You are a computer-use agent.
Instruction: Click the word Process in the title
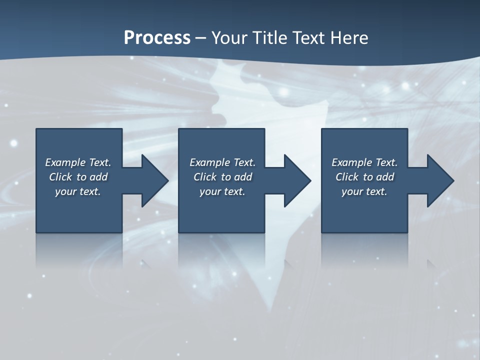point(157,38)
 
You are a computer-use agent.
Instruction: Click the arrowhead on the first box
point(154,180)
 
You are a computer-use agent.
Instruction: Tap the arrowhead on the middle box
point(296,180)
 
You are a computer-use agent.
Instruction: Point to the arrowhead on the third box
point(439,180)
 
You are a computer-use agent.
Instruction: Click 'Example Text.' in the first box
point(78,162)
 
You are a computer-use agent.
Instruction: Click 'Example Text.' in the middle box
point(222,162)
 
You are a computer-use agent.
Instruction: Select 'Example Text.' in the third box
point(364,162)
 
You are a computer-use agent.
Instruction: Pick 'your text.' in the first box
point(78,191)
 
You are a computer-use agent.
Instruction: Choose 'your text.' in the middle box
point(222,191)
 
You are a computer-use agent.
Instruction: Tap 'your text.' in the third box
point(364,191)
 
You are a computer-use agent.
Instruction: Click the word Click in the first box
point(60,177)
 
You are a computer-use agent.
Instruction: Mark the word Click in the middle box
point(205,177)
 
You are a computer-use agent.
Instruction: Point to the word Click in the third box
point(347,177)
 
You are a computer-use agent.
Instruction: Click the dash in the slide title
point(200,38)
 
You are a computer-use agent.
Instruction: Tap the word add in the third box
point(385,177)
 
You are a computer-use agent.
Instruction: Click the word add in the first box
point(98,177)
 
